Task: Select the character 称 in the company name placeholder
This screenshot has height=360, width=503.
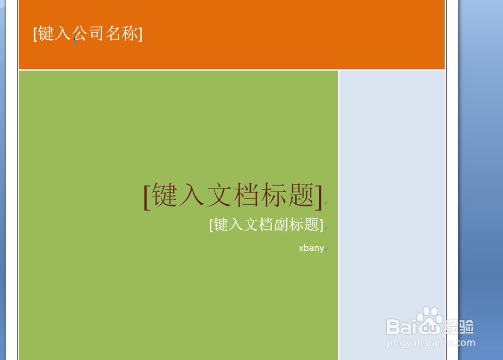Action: pos(130,33)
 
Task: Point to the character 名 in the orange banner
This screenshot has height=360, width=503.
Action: pos(113,33)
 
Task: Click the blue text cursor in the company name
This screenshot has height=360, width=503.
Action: pos(75,41)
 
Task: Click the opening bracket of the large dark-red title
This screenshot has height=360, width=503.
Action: pos(147,197)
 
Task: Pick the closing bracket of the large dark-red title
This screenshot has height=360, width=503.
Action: pos(319,197)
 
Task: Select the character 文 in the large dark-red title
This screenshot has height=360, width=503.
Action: pos(220,195)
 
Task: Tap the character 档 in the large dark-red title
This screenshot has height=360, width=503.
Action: pos(246,195)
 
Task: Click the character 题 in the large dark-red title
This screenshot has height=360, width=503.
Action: pos(301,195)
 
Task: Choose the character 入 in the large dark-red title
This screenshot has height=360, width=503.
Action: pos(192,195)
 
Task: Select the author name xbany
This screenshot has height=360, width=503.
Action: pos(311,248)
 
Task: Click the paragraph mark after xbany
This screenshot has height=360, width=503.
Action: pos(326,249)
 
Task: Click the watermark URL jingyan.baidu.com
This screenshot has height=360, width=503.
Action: pos(431,342)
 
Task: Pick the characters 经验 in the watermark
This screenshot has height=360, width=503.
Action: pos(459,327)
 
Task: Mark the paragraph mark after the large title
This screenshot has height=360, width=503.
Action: pos(326,203)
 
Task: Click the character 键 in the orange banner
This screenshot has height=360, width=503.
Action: pos(46,33)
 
